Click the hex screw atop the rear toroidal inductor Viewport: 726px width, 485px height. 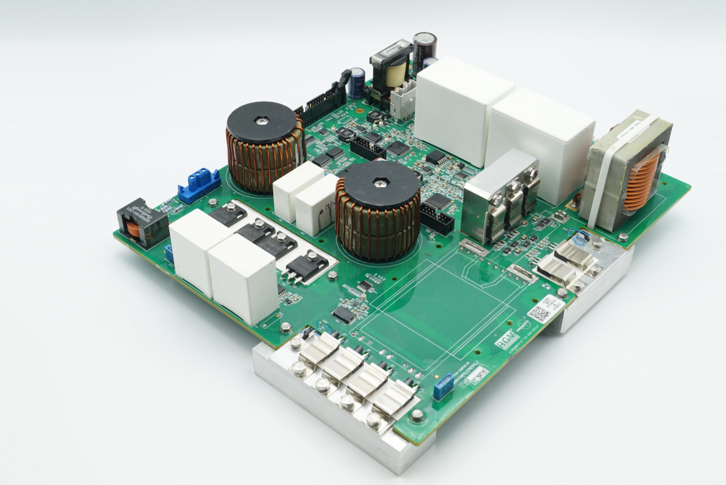pyautogui.click(x=261, y=121)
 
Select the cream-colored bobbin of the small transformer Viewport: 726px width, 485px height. pyautogui.click(x=395, y=75)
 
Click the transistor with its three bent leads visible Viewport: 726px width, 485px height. pyautogui.click(x=299, y=269)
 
